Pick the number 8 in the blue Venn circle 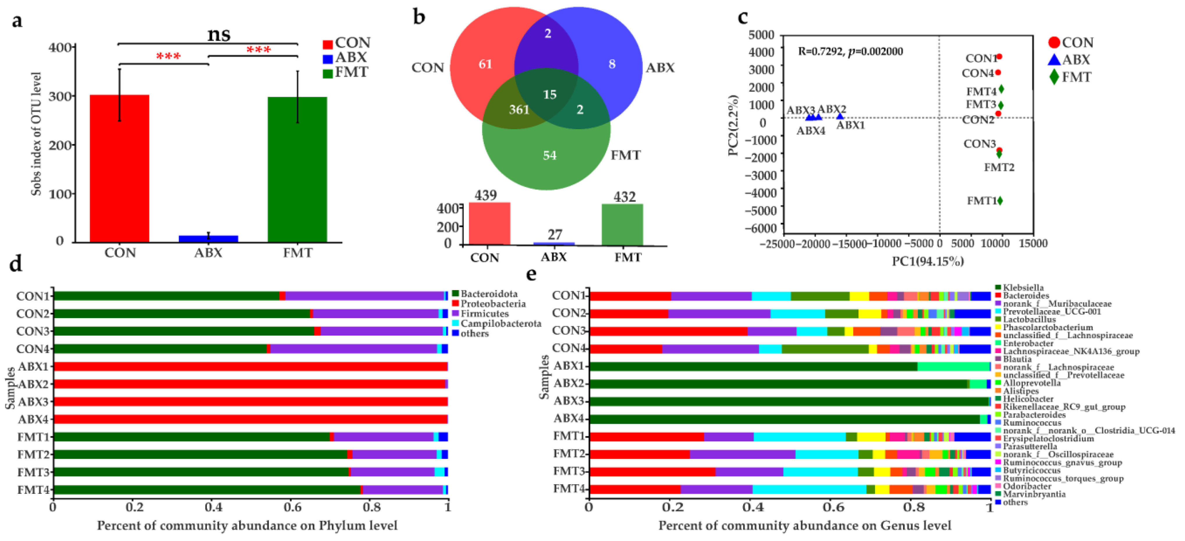tap(612, 64)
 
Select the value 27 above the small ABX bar tap(555, 235)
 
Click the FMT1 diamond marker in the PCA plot tap(1000, 201)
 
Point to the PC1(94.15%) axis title tap(927, 261)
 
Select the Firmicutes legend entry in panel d tap(485, 314)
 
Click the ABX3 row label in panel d tap(33, 402)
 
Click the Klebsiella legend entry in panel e tap(1023, 288)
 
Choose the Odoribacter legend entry tap(1027, 486)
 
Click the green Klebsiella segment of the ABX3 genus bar tap(782, 402)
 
